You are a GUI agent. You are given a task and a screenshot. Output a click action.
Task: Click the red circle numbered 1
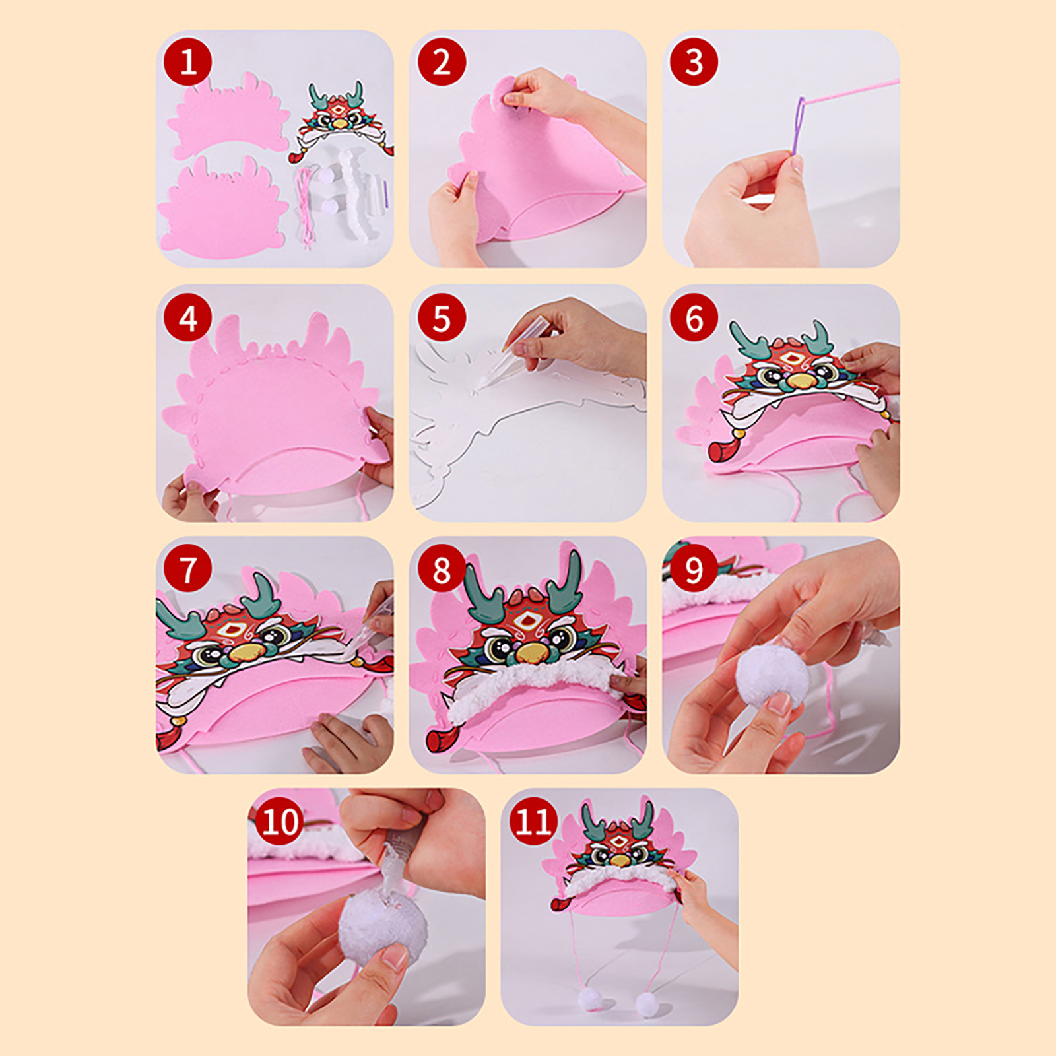click(x=188, y=63)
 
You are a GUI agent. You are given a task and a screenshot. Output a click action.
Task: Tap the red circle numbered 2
click(x=442, y=63)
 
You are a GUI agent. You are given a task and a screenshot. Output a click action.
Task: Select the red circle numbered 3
click(x=694, y=63)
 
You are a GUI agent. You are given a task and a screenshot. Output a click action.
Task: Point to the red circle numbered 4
click(x=188, y=317)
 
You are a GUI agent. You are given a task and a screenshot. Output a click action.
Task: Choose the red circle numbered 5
click(x=442, y=317)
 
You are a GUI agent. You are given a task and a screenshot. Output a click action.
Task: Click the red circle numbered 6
click(x=694, y=317)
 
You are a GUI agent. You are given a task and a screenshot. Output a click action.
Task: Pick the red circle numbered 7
click(x=188, y=568)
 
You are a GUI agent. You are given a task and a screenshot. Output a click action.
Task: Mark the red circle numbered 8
click(x=442, y=568)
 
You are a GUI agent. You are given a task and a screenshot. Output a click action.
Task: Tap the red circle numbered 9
click(x=694, y=568)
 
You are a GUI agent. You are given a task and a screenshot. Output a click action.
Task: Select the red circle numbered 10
click(x=280, y=822)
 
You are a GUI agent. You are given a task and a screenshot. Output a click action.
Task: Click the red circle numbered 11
click(x=533, y=822)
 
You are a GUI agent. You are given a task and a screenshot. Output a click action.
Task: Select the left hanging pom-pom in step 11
click(x=590, y=999)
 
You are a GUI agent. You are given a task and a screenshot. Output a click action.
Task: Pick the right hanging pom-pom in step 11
click(x=647, y=1004)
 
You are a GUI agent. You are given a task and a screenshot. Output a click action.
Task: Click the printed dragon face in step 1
click(x=341, y=123)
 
